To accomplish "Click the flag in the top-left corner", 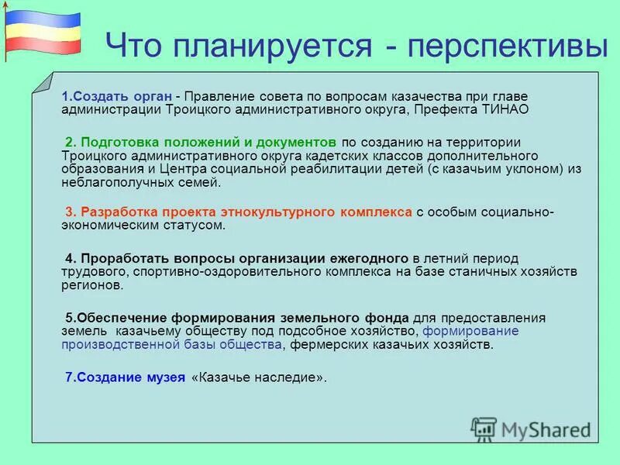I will pos(43,31).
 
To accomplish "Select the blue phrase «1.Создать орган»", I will pos(117,95).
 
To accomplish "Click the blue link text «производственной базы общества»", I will pos(171,346).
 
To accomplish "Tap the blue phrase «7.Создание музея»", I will pos(125,377).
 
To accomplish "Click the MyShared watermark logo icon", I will pos(484,429).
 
